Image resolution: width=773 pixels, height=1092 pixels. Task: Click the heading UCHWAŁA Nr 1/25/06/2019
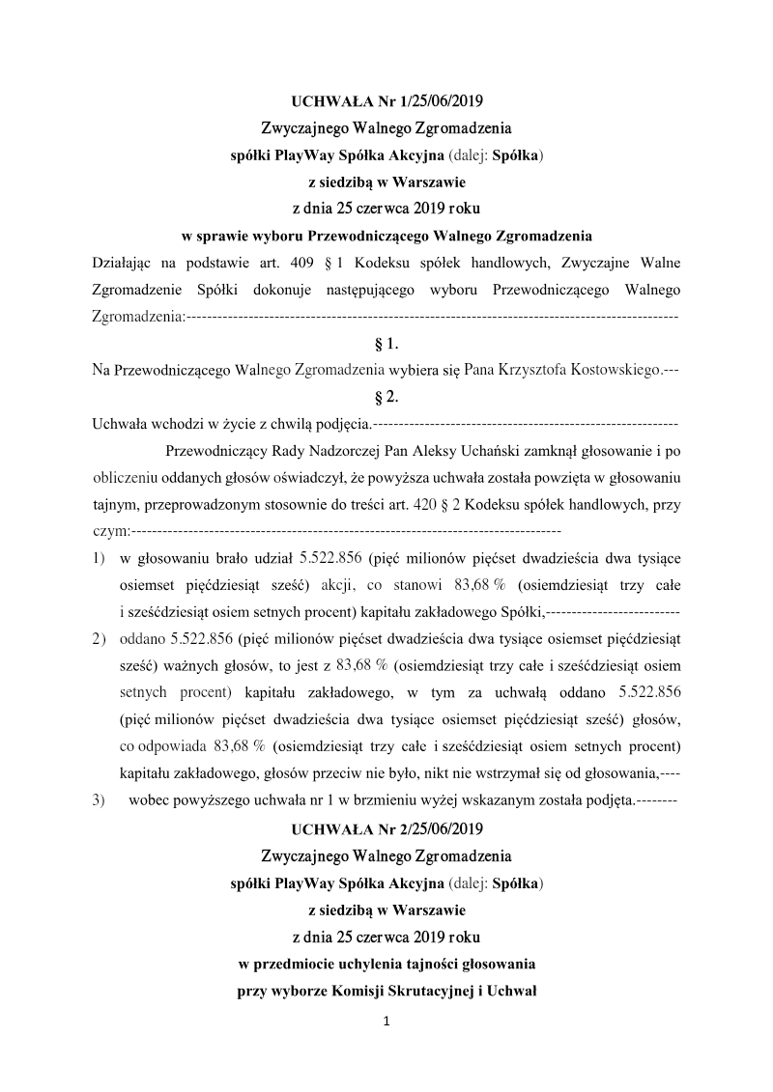[x=386, y=101]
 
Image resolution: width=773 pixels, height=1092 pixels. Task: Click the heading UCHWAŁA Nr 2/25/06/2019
[x=386, y=829]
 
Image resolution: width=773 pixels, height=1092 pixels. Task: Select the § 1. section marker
[x=386, y=343]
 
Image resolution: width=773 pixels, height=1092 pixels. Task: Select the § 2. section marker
[x=386, y=396]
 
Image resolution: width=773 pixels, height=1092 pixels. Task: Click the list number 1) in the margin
[x=98, y=558]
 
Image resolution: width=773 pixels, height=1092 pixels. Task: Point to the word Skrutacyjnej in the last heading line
[x=426, y=991]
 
